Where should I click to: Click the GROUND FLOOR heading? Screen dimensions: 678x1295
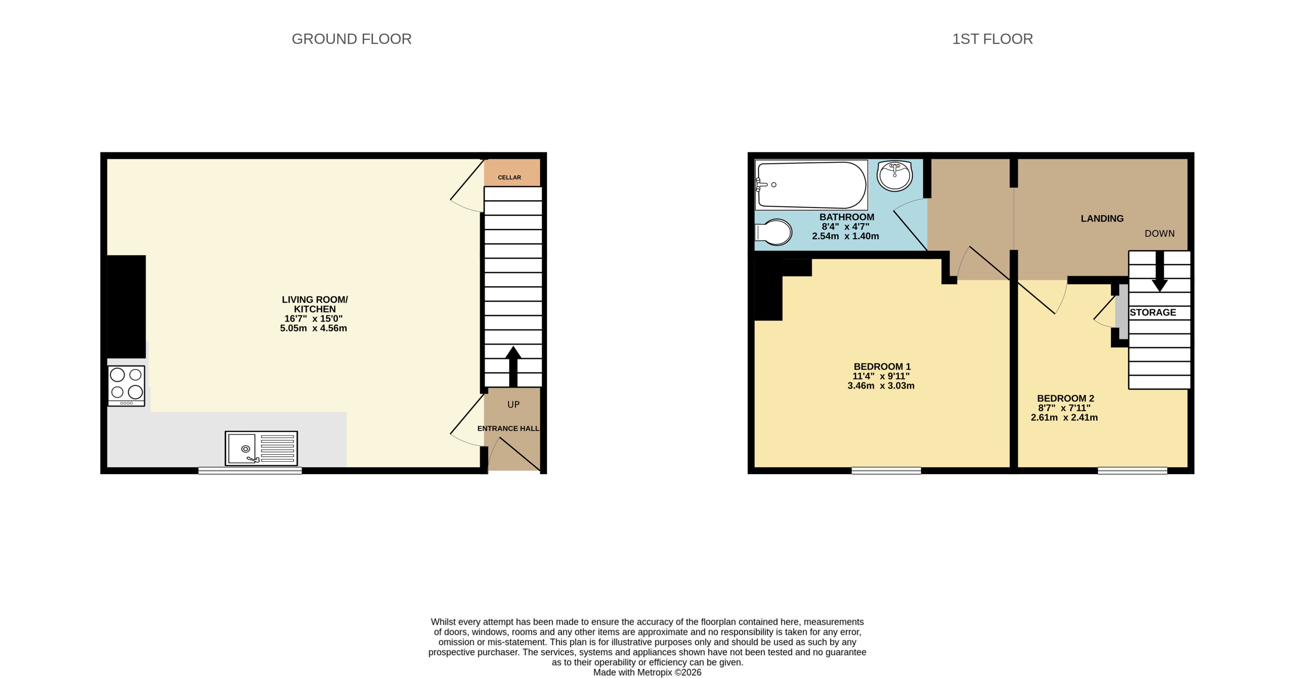(351, 39)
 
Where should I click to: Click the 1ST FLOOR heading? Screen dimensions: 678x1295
(992, 39)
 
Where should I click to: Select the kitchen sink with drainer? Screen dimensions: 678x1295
(261, 448)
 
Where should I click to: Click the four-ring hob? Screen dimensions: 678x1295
(126, 385)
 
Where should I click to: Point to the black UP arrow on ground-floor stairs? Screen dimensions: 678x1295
(513, 365)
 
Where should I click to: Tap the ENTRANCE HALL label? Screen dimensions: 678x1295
(508, 429)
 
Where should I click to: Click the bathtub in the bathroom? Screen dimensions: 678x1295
(811, 185)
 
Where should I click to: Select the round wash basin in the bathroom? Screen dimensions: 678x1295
(895, 176)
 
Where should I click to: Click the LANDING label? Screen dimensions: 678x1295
(1102, 219)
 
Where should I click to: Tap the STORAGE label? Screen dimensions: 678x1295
(1153, 313)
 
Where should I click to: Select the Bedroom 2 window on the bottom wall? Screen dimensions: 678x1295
(1132, 470)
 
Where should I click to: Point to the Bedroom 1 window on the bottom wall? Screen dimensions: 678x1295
(886, 470)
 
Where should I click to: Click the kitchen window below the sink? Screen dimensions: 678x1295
(250, 470)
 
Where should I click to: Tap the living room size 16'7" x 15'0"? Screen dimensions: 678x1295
(313, 318)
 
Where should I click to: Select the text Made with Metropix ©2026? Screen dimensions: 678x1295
(647, 672)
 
